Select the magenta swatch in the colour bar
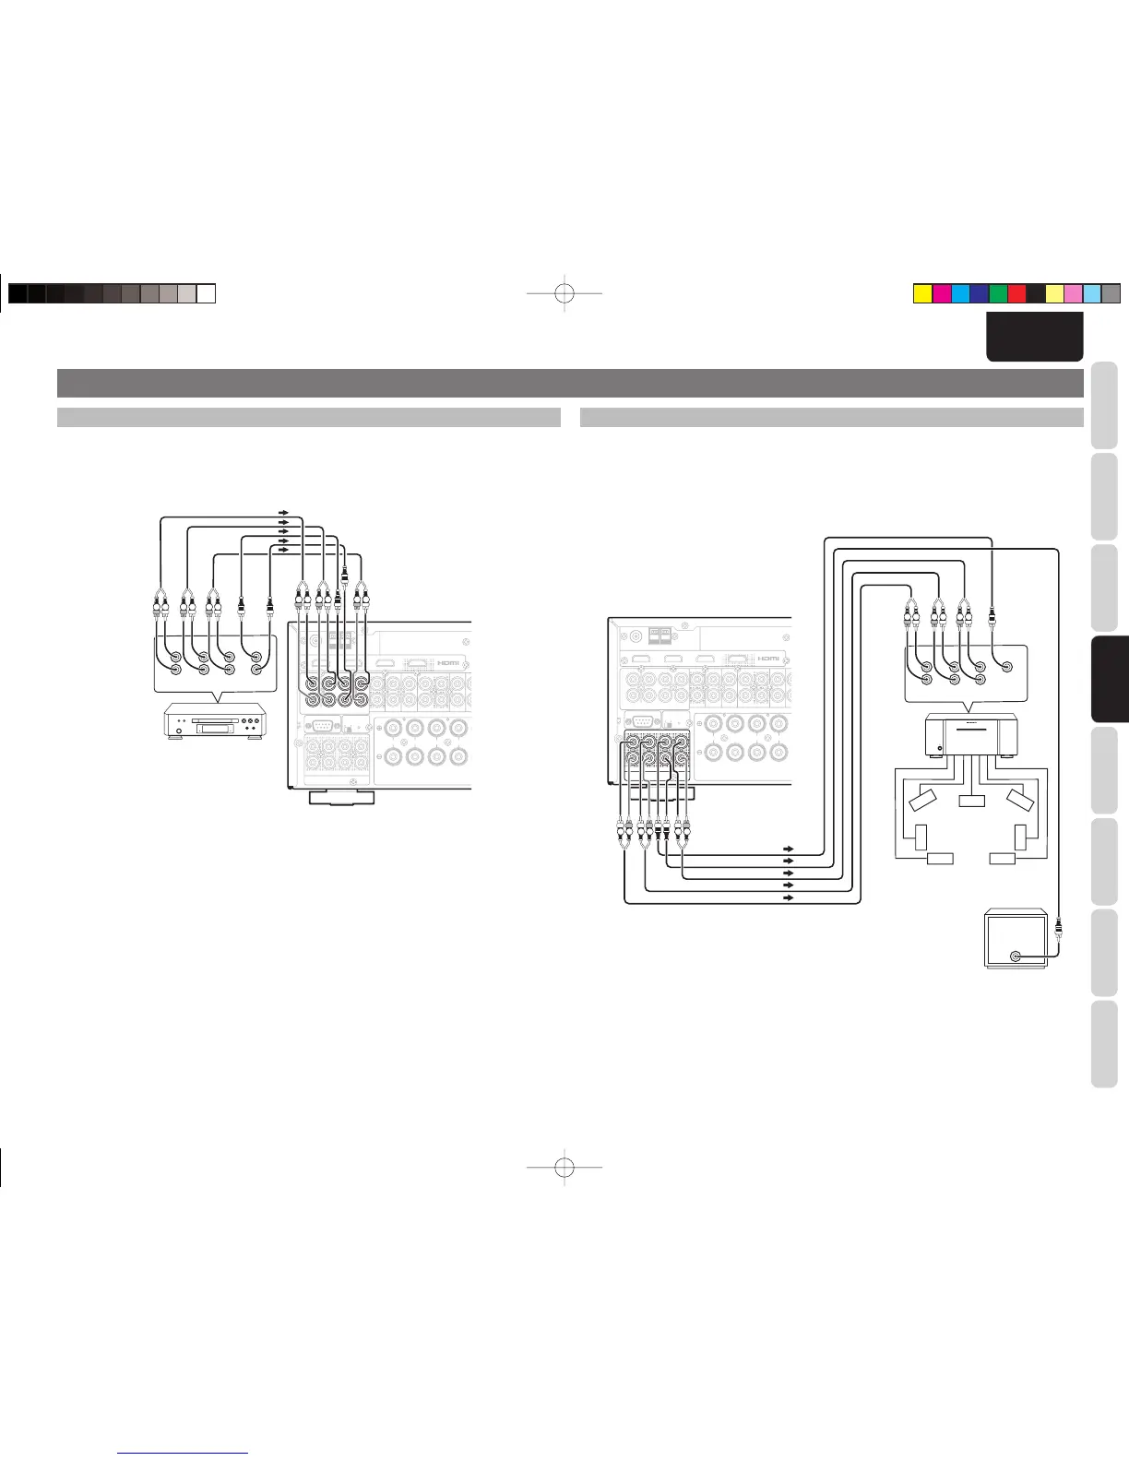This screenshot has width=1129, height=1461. coord(941,294)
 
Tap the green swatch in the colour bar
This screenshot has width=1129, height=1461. coord(997,294)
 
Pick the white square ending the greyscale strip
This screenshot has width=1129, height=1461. coord(207,293)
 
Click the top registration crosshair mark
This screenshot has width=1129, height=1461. coord(564,293)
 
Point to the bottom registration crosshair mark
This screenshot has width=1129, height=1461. coord(564,1168)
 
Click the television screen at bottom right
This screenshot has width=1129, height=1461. coord(1016,938)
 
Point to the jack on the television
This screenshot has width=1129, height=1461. coord(1016,956)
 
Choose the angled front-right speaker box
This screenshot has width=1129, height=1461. coord(1020,800)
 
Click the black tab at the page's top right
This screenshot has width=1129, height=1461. coord(1033,336)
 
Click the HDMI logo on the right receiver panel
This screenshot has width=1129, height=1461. coord(768,658)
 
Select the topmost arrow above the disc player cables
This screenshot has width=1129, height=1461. coord(283,511)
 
